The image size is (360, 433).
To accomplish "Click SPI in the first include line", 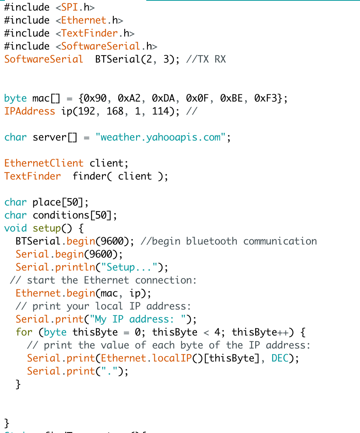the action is coord(69,7).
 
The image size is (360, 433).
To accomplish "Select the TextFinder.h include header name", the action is coord(98,33).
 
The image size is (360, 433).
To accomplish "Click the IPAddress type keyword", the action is coord(30,111).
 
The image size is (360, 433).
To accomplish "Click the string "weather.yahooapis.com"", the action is coord(160,137).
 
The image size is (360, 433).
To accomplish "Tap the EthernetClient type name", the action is coord(44,163).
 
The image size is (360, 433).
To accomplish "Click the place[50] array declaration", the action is coord(58,202).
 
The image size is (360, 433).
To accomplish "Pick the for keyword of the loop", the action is coord(24,332).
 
